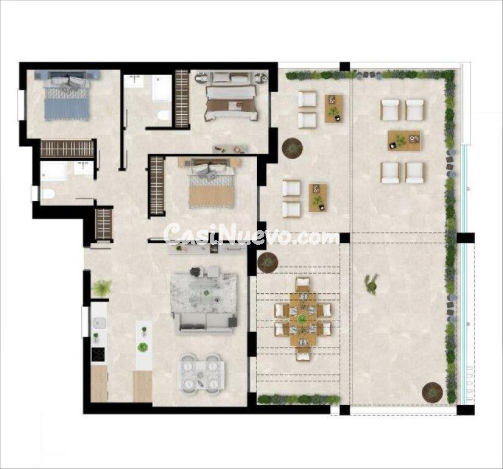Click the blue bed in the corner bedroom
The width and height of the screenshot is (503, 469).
coord(67,100)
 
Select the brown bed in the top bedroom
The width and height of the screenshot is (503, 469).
coord(230,101)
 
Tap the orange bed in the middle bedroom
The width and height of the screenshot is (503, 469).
coord(211,187)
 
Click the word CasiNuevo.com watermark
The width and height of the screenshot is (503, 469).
coord(250,234)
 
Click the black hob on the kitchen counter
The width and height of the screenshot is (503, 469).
coord(98,354)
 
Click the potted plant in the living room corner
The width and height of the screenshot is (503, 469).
coord(101,288)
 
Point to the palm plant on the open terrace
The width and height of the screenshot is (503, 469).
coord(371,283)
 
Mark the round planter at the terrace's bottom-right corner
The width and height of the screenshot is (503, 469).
coord(432,391)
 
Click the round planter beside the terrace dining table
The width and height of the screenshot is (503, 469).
coord(267,263)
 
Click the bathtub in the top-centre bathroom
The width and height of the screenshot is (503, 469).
coord(162,89)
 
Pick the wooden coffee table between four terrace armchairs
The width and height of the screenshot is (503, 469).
coord(403,140)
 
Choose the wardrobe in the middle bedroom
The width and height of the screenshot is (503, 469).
coord(157,186)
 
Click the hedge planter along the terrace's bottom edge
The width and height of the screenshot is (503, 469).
coord(299,399)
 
